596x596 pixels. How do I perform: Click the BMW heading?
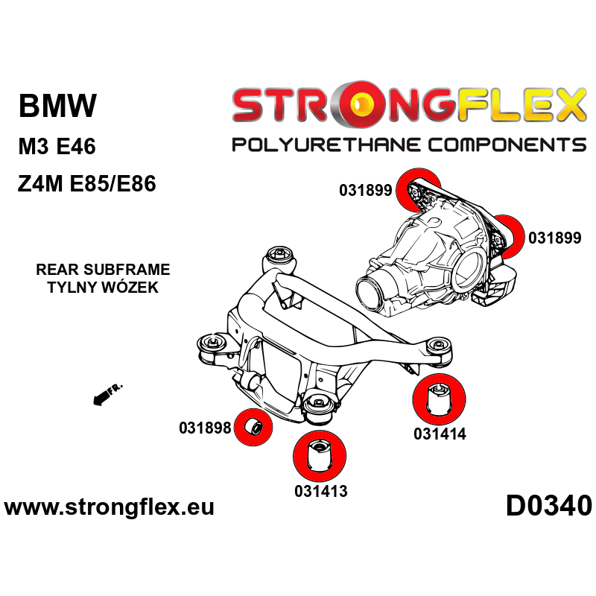tap(57, 106)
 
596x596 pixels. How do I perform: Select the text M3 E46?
tap(57, 147)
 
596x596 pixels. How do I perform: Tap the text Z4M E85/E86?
tap(86, 184)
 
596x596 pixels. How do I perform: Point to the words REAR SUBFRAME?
tap(103, 270)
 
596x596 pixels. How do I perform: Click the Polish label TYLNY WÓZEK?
tap(103, 287)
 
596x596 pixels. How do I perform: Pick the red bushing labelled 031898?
tap(253, 428)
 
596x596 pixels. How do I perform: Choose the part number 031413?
tap(320, 491)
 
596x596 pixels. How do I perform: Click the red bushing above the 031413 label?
tap(321, 455)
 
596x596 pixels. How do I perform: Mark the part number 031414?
tap(440, 434)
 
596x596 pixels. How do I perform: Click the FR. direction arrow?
tap(106, 395)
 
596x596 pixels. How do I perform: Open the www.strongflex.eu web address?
tap(110, 508)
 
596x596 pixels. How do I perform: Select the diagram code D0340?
tap(549, 507)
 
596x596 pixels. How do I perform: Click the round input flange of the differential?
tap(373, 291)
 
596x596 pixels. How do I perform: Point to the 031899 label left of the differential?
tap(365, 190)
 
